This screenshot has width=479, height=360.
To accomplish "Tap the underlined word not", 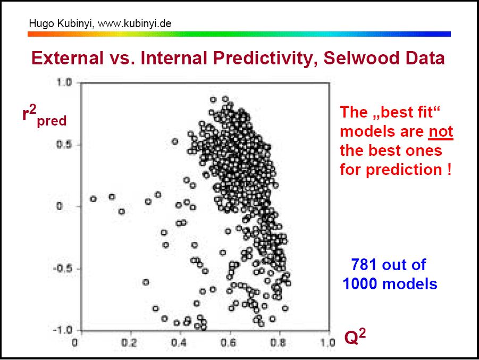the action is coord(441,132).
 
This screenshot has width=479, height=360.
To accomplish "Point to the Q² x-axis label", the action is coord(355,337).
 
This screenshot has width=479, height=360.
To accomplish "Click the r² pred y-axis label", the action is coord(44,115).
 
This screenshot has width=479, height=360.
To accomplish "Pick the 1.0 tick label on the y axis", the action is coord(64,82).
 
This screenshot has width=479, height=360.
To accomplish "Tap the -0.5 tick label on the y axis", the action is coord(62,269).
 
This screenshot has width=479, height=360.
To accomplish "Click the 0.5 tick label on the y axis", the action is coord(64,145).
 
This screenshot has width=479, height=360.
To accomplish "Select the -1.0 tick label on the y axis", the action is coord(62,330).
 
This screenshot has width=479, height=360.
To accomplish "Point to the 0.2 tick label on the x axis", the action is coord(129,342).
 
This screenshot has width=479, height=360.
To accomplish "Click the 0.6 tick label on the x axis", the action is coord(228,342).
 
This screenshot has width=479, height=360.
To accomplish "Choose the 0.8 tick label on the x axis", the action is coord(278,342).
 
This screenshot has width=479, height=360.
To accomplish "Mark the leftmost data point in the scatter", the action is coord(93,199).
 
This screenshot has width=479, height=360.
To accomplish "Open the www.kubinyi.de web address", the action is coord(135,23).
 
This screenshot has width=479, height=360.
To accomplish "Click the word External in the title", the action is coord(67,58).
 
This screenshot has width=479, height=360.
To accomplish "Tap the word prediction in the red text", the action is coord(404,170).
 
